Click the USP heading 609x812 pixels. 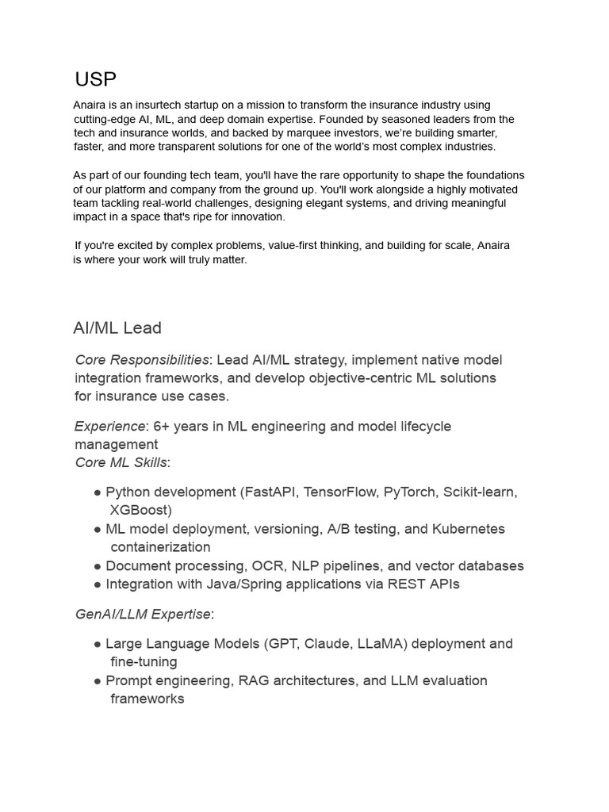tap(95, 79)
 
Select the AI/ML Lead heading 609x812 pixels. tap(117, 327)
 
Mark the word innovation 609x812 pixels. tap(259, 216)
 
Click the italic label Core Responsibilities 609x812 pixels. tap(142, 360)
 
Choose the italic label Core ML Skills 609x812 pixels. tap(121, 462)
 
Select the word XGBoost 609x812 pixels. tap(140, 511)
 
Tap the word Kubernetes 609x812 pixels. tap(468, 529)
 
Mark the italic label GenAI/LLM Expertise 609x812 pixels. tap(143, 615)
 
